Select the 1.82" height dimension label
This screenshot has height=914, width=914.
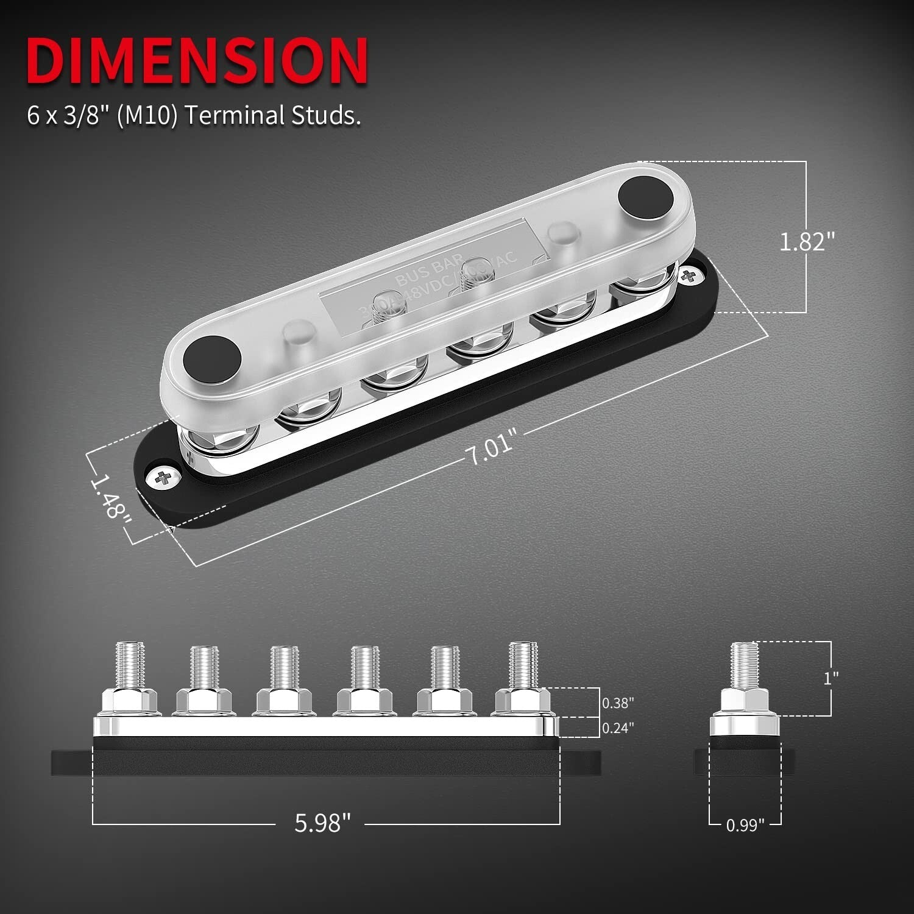point(806,241)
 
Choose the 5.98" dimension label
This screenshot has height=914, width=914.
point(322,823)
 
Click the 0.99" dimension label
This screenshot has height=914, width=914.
point(745,825)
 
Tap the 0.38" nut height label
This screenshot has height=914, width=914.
point(618,703)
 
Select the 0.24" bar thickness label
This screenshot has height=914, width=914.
point(618,728)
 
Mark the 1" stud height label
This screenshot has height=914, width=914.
point(831,678)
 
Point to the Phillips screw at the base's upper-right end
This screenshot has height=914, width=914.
point(690,275)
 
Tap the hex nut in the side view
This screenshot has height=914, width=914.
point(745,703)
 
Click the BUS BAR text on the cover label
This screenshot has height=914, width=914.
point(429,272)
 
